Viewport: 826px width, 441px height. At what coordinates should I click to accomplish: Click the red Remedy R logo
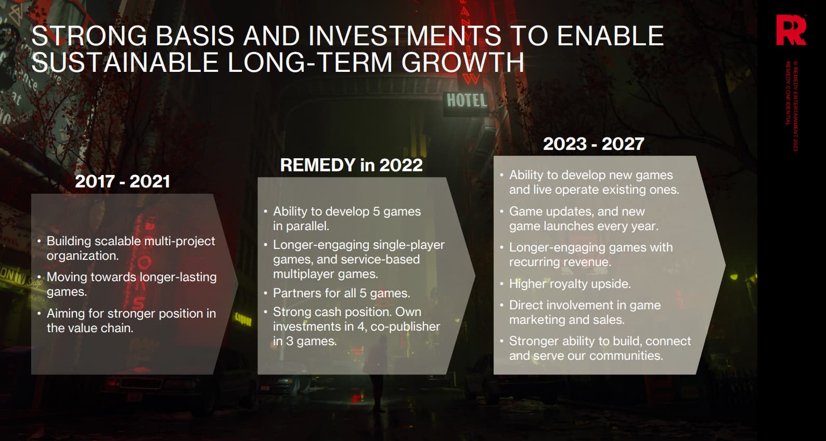791,30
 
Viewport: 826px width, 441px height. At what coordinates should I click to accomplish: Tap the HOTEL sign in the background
467,100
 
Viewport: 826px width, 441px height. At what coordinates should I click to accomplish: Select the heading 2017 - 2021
122,181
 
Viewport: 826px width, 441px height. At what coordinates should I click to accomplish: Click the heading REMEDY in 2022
352,165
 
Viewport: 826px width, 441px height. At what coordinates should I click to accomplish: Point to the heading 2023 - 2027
593,144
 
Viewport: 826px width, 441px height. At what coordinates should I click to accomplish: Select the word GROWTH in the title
463,62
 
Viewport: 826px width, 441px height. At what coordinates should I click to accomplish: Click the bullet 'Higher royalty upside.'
570,283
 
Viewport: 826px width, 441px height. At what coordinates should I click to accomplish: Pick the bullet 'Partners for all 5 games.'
341,293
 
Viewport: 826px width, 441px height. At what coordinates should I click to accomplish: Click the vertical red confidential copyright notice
791,106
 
